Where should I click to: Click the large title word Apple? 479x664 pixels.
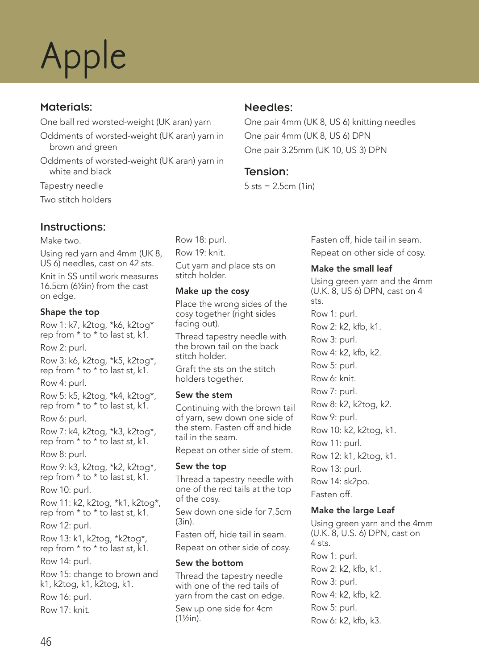83,57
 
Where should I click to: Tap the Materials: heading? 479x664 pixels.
66,107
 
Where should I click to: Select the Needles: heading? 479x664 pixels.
268,107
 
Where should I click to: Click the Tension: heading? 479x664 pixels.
266,172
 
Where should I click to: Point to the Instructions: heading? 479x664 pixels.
73,227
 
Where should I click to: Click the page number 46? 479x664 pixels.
46,642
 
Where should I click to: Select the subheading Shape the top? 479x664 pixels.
70,312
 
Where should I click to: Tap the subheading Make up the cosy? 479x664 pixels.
212,291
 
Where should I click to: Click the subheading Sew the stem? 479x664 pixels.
204,395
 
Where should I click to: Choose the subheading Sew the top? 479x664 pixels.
200,466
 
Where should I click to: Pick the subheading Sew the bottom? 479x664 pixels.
209,563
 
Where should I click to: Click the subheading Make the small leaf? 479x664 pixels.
351,268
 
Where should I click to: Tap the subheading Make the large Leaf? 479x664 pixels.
353,510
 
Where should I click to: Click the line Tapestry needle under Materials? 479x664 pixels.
71,186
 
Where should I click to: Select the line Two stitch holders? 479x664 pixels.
75,199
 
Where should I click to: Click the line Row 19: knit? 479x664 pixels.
200,252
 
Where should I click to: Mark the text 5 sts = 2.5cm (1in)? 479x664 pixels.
279,186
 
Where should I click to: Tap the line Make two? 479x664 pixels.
60,240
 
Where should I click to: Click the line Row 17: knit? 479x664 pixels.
65,610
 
